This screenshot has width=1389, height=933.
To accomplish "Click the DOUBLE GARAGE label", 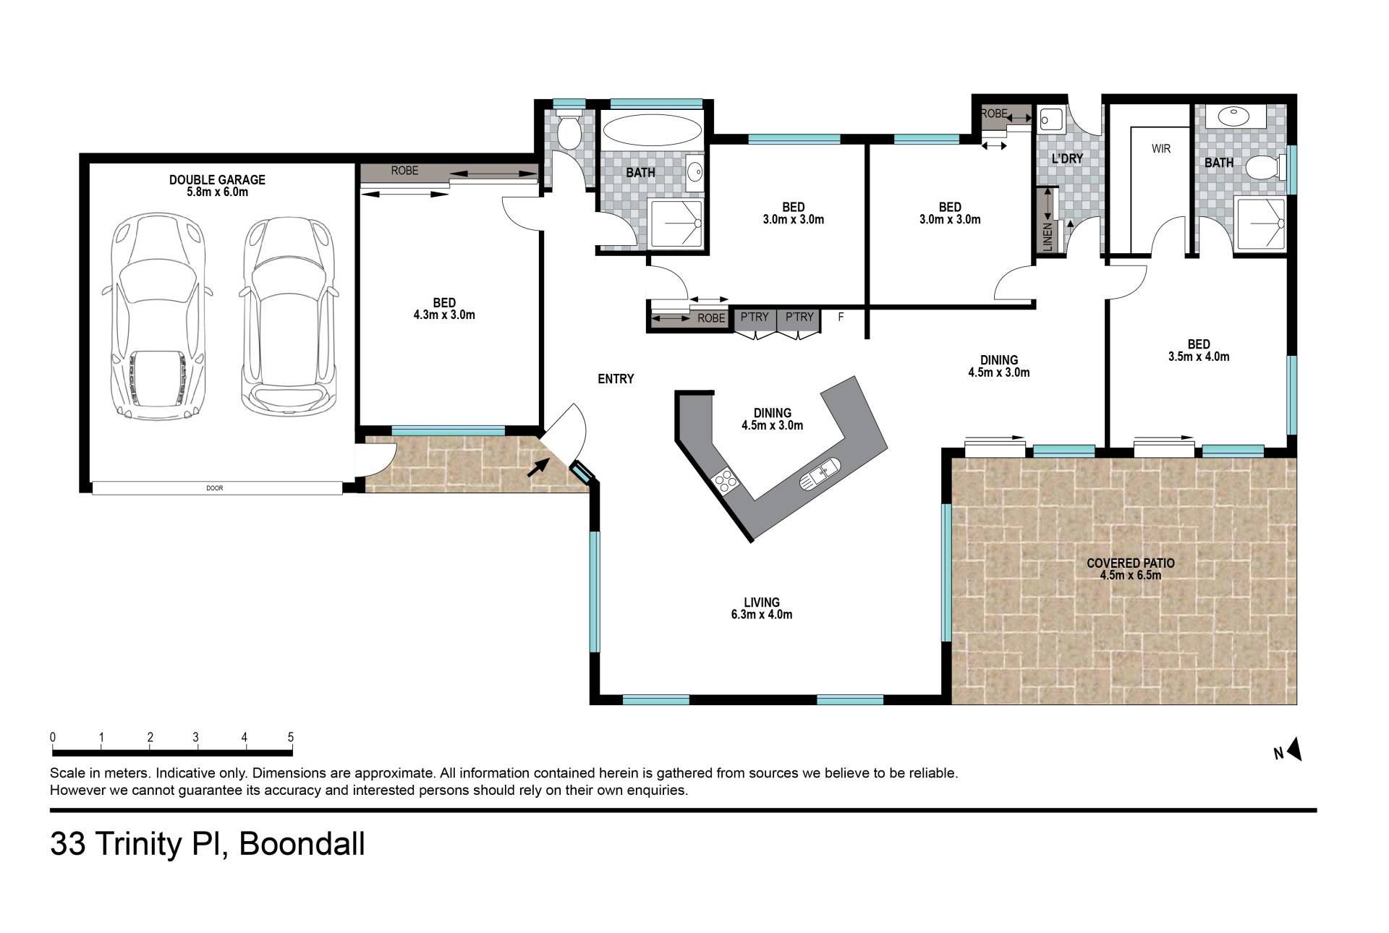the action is [217, 179].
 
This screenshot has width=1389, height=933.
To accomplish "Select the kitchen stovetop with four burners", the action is [725, 480].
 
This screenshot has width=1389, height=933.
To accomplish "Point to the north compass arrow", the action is [1294, 749].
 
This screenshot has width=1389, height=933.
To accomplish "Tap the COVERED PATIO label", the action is [1130, 563].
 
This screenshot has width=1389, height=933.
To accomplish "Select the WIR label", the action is [1161, 149].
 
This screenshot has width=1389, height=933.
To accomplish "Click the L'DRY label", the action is [1067, 158].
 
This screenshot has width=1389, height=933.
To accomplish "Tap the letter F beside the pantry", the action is [841, 317].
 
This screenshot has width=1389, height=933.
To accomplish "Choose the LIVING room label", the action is [762, 602].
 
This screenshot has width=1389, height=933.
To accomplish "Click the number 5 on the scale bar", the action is [291, 738].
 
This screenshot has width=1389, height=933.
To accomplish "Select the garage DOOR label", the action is [215, 488].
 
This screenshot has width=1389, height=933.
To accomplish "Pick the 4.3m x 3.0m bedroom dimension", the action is [444, 315].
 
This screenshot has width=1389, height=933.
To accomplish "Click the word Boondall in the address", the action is [302, 844].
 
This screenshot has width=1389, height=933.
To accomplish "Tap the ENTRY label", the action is [616, 379].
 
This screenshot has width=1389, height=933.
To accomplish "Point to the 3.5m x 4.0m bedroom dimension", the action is [1199, 357].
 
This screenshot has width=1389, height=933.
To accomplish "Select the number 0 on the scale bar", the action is [53, 738].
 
